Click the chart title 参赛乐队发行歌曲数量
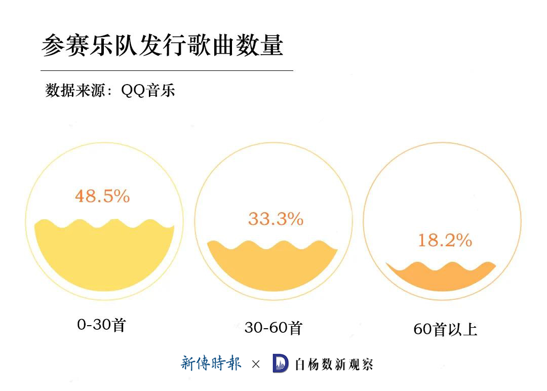click(162, 46)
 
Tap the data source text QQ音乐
click(148, 91)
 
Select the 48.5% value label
click(102, 196)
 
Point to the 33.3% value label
click(276, 219)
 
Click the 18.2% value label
click(445, 240)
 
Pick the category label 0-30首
click(101, 325)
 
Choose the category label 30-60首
click(273, 328)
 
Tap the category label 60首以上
click(445, 330)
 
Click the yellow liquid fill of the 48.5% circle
click(104, 258)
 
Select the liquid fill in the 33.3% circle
click(272, 268)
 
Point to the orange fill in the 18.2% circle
click(441, 279)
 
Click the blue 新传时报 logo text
click(211, 363)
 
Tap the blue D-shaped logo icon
click(281, 363)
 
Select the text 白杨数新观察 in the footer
click(334, 364)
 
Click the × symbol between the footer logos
click(256, 364)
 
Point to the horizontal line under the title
click(167, 70)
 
